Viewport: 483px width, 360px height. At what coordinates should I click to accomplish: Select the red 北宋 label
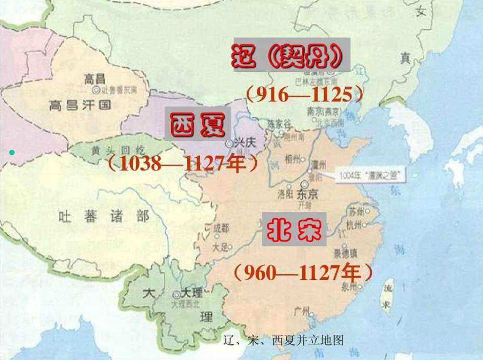(x=294, y=229)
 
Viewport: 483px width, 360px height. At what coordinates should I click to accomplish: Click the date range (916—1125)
(x=304, y=95)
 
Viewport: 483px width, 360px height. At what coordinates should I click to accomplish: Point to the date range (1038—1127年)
(x=183, y=163)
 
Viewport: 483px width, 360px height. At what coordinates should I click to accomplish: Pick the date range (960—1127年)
(x=303, y=273)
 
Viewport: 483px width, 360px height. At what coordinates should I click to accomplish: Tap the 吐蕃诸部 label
(x=104, y=217)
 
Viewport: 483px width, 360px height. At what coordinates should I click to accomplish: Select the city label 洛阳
(x=285, y=194)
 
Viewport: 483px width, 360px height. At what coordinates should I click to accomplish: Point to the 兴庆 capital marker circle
(x=229, y=144)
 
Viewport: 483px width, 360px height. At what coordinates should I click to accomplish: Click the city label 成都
(x=221, y=228)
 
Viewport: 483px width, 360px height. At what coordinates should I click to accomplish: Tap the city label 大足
(x=220, y=247)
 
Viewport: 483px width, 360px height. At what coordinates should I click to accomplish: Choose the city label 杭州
(x=354, y=225)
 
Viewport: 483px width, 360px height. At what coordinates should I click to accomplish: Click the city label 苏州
(x=356, y=211)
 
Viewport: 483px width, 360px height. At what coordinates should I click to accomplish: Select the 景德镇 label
(x=345, y=254)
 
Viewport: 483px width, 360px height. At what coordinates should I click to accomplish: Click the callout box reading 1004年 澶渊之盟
(x=371, y=175)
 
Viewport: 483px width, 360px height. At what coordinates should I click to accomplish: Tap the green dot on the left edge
(x=12, y=152)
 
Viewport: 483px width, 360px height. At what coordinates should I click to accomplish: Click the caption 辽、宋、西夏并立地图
(x=283, y=340)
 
